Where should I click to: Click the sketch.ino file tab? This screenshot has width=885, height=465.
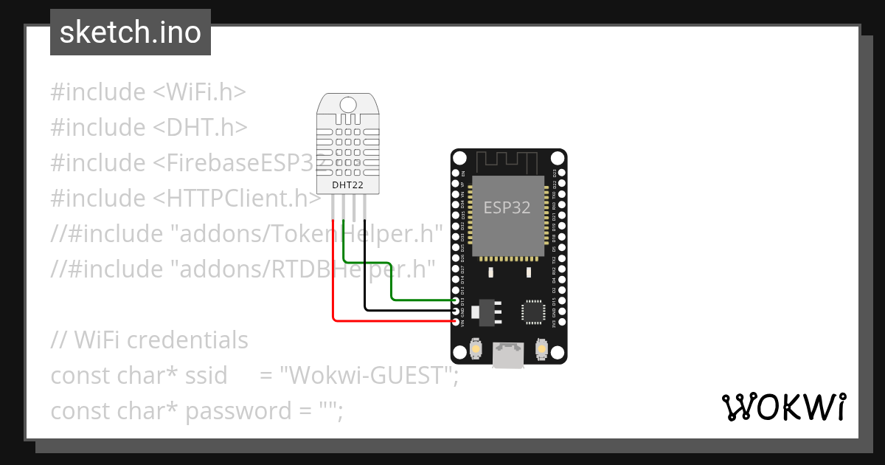click(131, 32)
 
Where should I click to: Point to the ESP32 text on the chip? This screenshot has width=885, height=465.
click(507, 207)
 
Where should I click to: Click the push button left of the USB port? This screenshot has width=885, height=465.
click(476, 348)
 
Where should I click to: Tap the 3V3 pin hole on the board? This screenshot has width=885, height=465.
click(561, 322)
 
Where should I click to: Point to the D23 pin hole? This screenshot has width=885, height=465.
click(561, 173)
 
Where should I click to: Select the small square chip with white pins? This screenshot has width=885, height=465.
click(533, 311)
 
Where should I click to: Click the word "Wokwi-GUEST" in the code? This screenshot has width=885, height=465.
click(367, 376)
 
